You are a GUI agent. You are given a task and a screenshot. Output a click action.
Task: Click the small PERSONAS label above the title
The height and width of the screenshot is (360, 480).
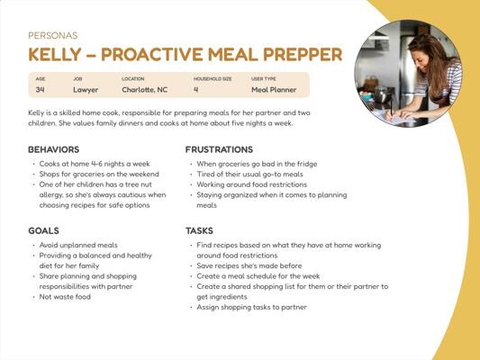pyautogui.click(x=53, y=35)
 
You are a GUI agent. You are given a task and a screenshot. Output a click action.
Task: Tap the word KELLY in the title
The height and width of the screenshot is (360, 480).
pyautogui.click(x=55, y=54)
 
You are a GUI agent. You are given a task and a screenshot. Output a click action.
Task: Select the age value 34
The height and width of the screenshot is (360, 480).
pyautogui.click(x=41, y=90)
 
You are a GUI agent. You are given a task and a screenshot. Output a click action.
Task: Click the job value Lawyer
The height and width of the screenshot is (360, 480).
pyautogui.click(x=86, y=90)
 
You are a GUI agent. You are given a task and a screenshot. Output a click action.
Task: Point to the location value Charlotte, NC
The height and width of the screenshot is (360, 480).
pyautogui.click(x=144, y=90)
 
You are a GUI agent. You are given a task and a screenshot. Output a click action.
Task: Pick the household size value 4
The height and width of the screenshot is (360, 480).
pyautogui.click(x=196, y=90)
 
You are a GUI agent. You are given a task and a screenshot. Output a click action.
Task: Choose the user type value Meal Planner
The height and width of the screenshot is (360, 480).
pyautogui.click(x=274, y=90)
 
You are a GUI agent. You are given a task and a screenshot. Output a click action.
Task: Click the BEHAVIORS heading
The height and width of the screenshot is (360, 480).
pyautogui.click(x=54, y=149)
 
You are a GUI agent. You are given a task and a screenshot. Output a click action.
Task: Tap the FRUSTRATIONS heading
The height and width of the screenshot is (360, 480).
pyautogui.click(x=219, y=149)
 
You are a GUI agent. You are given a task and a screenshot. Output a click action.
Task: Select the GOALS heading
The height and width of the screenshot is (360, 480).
pyautogui.click(x=43, y=230)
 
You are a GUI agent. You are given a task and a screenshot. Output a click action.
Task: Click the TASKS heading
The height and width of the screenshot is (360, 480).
pyautogui.click(x=199, y=230)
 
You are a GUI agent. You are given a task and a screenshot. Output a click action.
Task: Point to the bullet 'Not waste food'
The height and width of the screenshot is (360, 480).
pyautogui.click(x=65, y=297)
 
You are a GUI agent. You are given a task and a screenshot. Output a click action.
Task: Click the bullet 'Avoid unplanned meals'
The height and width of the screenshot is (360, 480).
pyautogui.click(x=78, y=245)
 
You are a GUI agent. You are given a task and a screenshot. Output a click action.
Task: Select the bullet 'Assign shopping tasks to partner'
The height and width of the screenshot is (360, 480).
pyautogui.click(x=251, y=307)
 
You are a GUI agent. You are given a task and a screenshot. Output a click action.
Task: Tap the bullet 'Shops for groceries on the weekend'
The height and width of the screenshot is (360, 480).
pyautogui.click(x=99, y=174)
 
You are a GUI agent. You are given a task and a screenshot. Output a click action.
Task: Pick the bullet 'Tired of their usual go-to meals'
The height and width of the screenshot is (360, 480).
pyautogui.click(x=249, y=174)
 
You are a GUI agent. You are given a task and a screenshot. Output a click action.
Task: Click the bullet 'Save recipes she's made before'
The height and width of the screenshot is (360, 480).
pyautogui.click(x=249, y=265)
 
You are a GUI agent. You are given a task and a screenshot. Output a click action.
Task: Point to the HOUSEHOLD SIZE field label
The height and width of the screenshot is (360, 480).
pyautogui.click(x=213, y=79)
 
